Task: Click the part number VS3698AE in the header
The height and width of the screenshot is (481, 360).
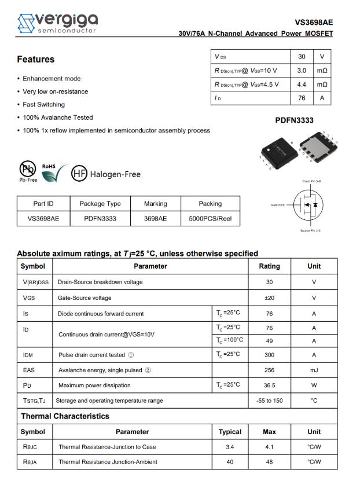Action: tap(314, 23)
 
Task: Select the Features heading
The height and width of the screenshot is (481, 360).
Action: tap(35, 60)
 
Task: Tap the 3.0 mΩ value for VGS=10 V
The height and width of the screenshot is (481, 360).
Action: tap(302, 70)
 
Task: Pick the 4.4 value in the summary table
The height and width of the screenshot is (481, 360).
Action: tap(302, 84)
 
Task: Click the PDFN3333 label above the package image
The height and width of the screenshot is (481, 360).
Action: tap(294, 120)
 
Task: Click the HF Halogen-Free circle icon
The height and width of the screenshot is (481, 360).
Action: tap(79, 174)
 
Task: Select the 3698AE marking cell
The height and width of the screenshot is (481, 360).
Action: tap(155, 219)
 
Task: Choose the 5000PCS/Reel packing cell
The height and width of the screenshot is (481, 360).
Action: tap(210, 219)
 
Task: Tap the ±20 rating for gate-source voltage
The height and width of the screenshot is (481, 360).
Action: tap(269, 298)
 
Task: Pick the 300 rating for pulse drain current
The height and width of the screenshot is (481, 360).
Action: tap(269, 354)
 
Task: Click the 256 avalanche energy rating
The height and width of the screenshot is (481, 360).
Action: tap(269, 370)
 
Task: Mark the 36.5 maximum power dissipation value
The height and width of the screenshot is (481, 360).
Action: tap(269, 385)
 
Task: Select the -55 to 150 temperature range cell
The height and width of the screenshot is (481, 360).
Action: tap(269, 401)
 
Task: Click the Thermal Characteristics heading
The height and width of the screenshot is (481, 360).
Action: tap(65, 416)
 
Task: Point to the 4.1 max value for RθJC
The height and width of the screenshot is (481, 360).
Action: tap(269, 447)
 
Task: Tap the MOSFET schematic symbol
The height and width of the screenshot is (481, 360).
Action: tap(305, 205)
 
